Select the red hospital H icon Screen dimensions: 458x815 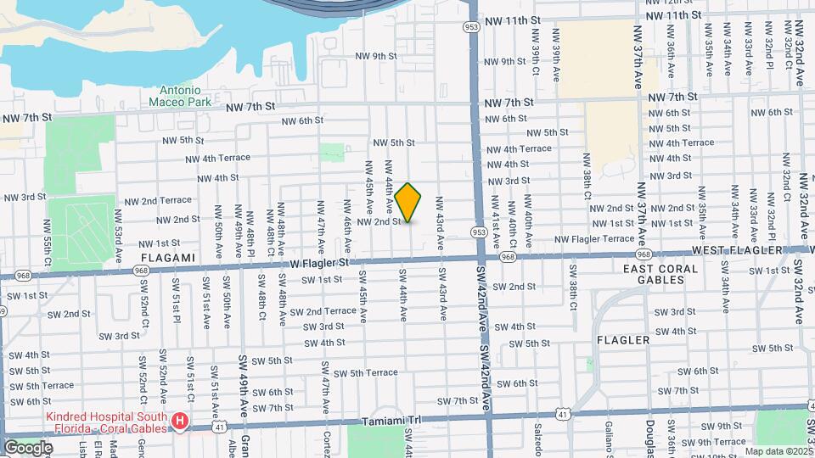179,421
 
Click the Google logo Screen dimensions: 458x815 28,447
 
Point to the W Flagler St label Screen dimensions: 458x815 320,262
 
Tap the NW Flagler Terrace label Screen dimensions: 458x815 594,239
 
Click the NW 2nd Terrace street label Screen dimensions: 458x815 158,201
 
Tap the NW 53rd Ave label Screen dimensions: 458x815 118,244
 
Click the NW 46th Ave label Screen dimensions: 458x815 347,218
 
